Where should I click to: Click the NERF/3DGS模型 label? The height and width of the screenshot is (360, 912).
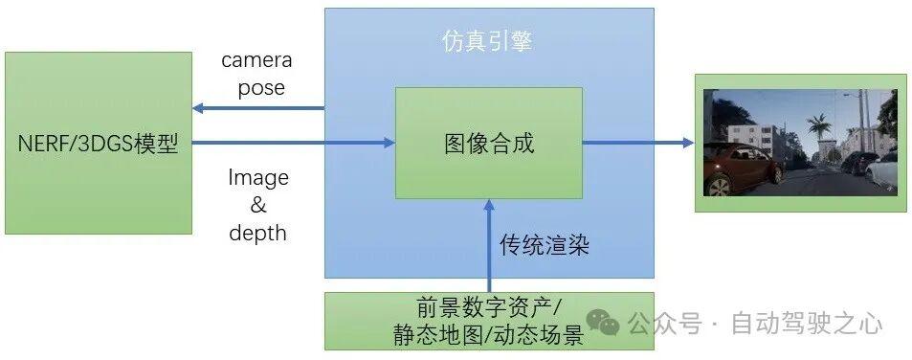(98, 143)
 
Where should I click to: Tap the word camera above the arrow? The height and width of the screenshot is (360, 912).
(256, 60)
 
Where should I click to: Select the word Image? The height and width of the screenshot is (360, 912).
(257, 177)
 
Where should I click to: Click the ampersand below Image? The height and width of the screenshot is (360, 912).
(257, 205)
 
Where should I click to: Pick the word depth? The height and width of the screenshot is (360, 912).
(257, 233)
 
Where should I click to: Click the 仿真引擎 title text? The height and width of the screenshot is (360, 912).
(487, 42)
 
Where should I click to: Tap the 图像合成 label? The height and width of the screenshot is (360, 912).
(489, 143)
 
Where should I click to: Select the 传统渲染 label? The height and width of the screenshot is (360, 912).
(545, 245)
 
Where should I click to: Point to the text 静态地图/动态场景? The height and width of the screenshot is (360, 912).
(488, 335)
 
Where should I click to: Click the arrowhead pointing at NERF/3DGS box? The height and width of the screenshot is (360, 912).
(198, 108)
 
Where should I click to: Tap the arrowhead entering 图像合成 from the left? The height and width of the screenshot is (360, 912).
(389, 143)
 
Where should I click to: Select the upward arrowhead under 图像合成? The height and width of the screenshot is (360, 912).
(489, 205)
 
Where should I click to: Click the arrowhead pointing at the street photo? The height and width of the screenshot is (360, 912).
(688, 143)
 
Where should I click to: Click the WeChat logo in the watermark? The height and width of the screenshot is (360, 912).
(603, 323)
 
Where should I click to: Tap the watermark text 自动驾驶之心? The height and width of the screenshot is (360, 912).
(806, 324)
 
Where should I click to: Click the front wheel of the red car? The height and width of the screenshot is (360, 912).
(719, 186)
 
